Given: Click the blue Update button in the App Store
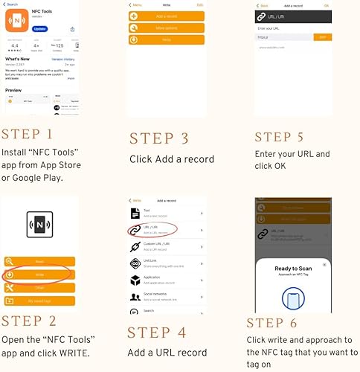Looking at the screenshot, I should click(40, 29).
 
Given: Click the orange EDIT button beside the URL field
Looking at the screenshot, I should click(321, 36).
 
